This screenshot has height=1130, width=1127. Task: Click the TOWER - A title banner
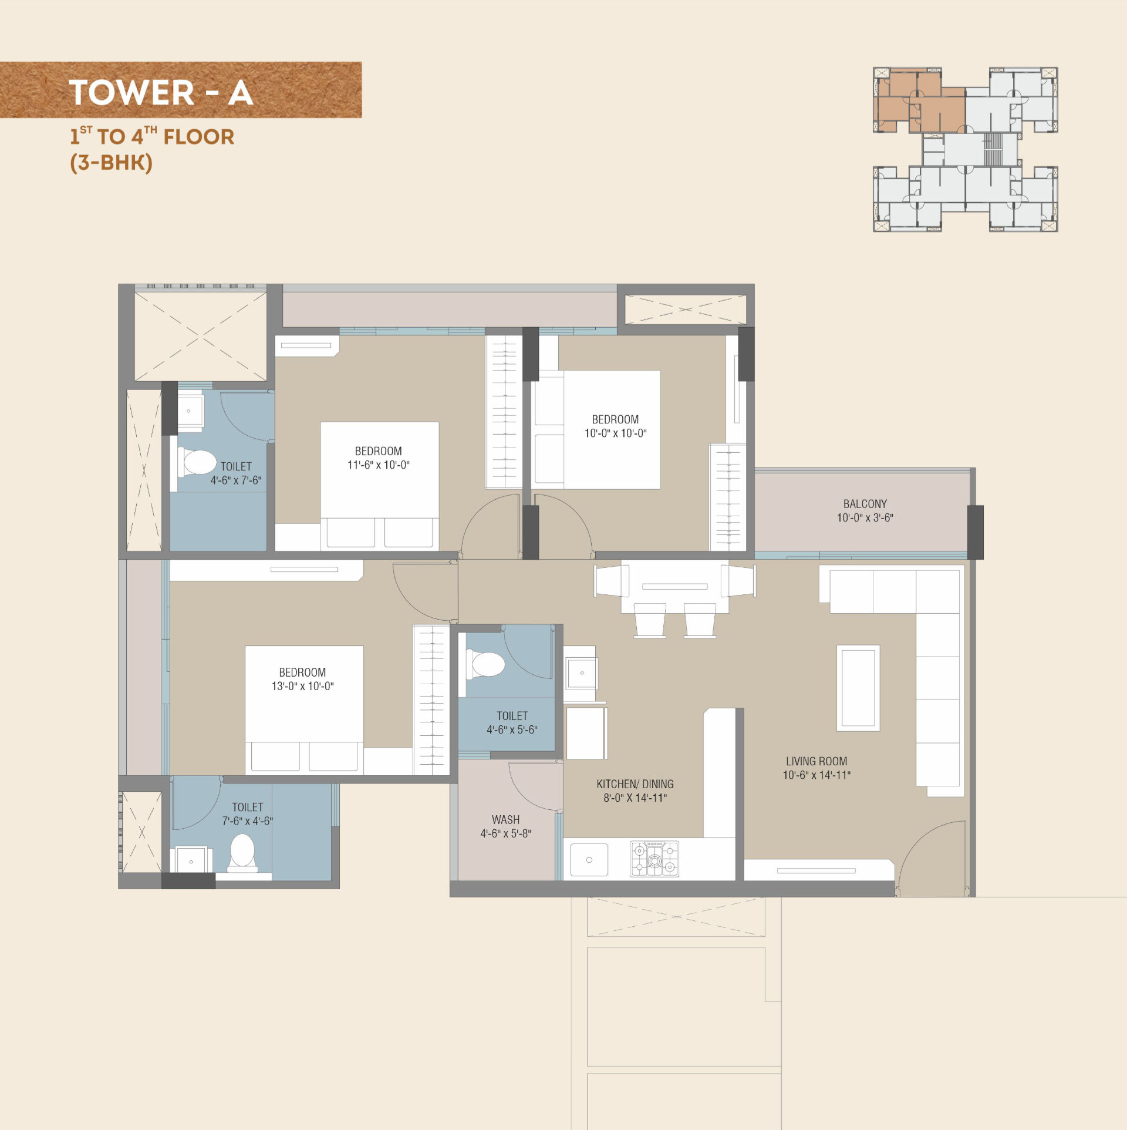[x=180, y=90]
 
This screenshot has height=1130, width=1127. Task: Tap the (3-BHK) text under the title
[x=111, y=163]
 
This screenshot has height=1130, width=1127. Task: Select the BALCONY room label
[x=865, y=504]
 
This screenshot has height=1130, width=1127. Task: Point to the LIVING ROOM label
[x=816, y=761]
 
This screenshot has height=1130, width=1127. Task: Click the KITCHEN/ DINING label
[x=635, y=784]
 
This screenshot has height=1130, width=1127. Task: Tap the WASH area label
[x=505, y=819]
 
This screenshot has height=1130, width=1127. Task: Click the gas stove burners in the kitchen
[x=654, y=859]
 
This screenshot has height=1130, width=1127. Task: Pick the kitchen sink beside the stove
[x=589, y=859]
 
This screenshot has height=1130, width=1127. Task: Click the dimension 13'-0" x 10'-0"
[x=302, y=686]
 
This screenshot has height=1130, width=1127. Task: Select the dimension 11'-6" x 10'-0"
[x=379, y=465]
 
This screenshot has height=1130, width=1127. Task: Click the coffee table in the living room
[x=858, y=688]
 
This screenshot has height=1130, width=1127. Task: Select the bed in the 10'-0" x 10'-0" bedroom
[x=597, y=430]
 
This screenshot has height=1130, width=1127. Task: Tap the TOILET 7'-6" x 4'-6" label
[x=248, y=814]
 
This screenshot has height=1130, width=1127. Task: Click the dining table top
[x=674, y=587]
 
